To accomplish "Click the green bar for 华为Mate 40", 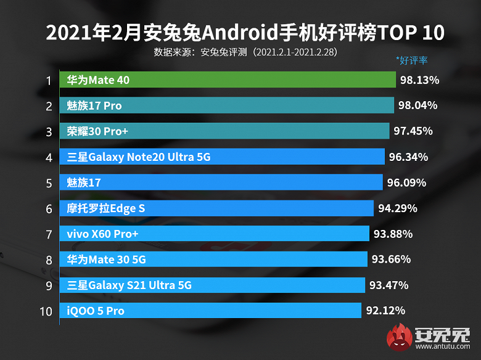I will [x=228, y=80].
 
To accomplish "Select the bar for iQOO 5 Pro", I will [x=210, y=311].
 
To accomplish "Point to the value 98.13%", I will [x=419, y=80].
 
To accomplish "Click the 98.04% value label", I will [x=417, y=106].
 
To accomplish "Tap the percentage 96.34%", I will [x=408, y=157].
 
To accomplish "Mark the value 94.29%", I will [x=398, y=208].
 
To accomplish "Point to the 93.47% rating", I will [x=389, y=285].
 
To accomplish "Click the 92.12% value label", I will [x=385, y=311].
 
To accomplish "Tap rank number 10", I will [x=46, y=311].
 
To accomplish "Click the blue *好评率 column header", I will [x=412, y=60].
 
